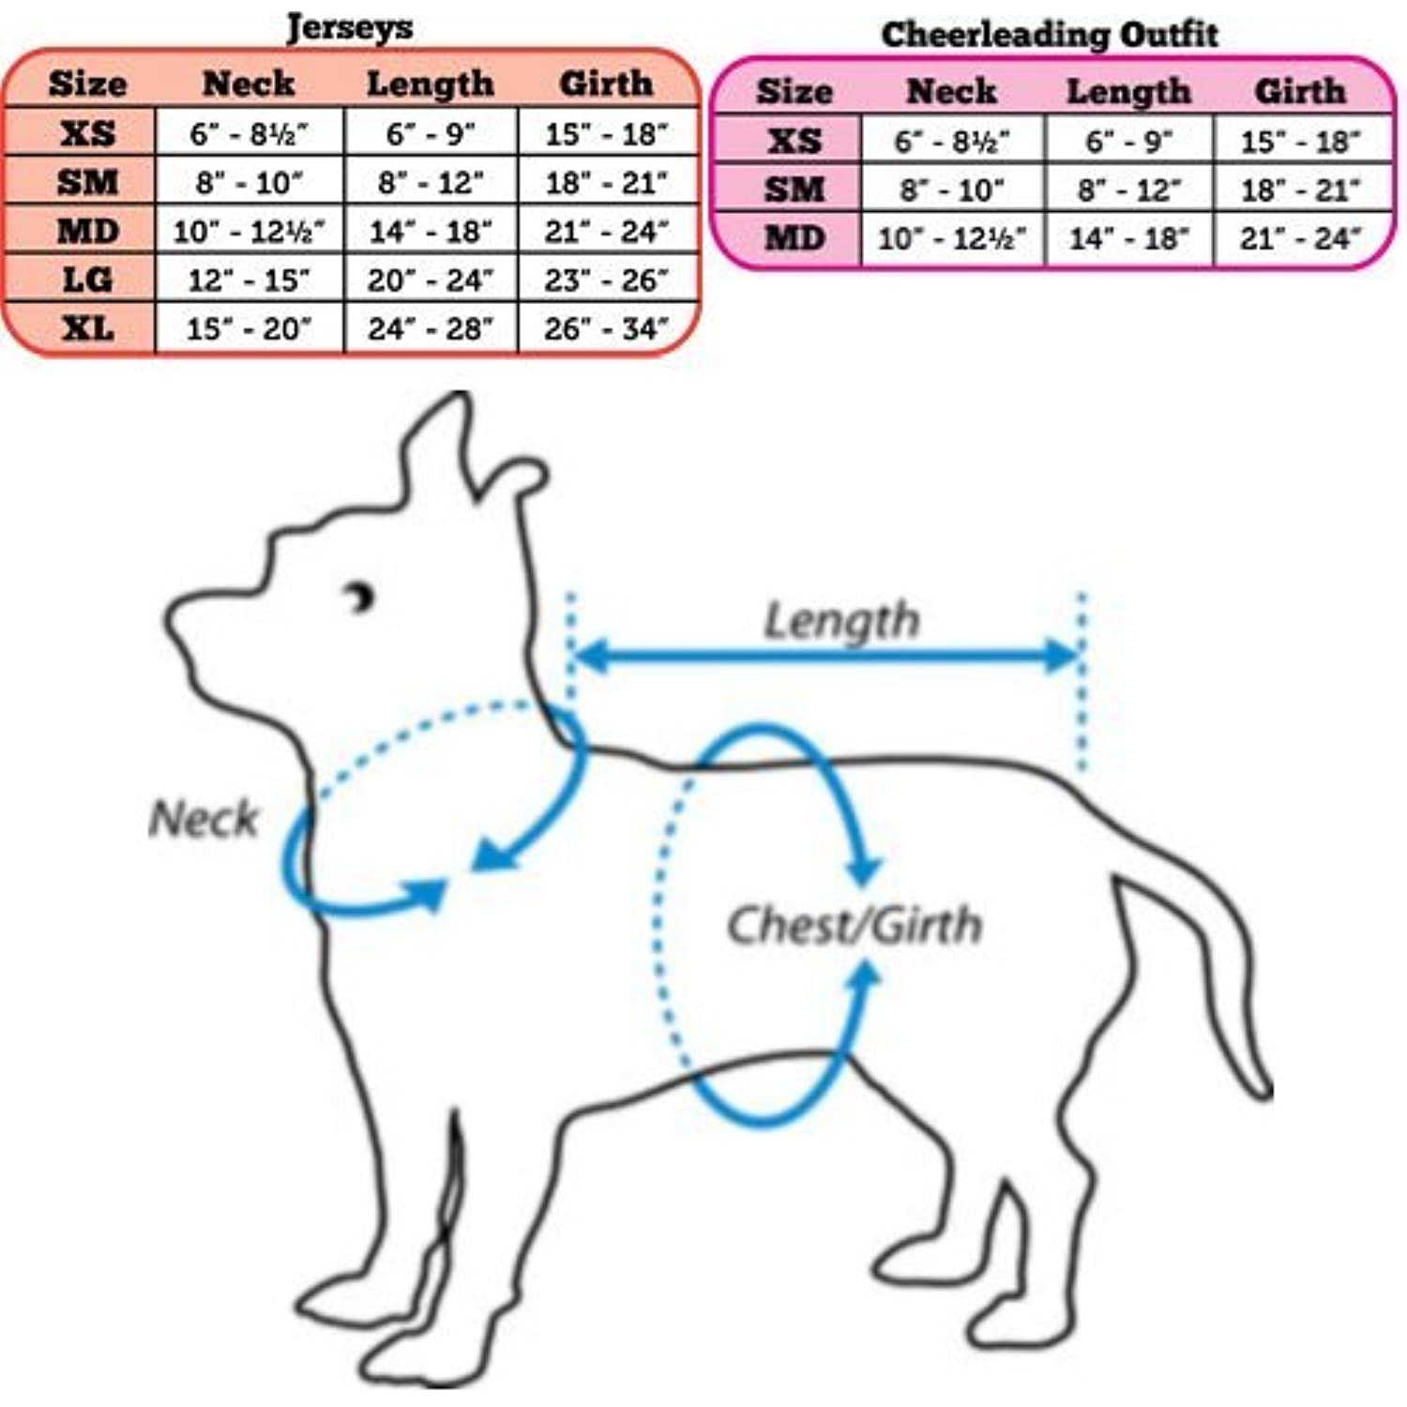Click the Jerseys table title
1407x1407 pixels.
tap(349, 27)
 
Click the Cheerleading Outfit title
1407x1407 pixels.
tap(1050, 35)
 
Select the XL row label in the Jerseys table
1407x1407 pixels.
tap(88, 328)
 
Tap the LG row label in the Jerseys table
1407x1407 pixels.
tap(87, 280)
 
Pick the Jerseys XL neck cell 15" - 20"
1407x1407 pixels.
tap(249, 328)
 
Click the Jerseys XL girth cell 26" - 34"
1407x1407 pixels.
tap(606, 328)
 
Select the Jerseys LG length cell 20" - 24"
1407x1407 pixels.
tap(430, 280)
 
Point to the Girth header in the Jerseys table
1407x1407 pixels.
tap(606, 83)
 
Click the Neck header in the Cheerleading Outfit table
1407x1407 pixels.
tap(951, 91)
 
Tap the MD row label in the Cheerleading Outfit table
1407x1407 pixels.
tap(794, 238)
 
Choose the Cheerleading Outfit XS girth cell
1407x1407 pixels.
tap(1300, 142)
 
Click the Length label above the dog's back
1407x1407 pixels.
tap(841, 620)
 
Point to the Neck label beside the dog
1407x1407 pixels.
tap(204, 818)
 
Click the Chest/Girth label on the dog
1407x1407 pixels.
tap(855, 925)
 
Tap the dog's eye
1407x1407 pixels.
tap(361, 597)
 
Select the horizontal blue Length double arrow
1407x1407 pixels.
tap(825, 657)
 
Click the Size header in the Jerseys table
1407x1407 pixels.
tap(87, 83)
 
